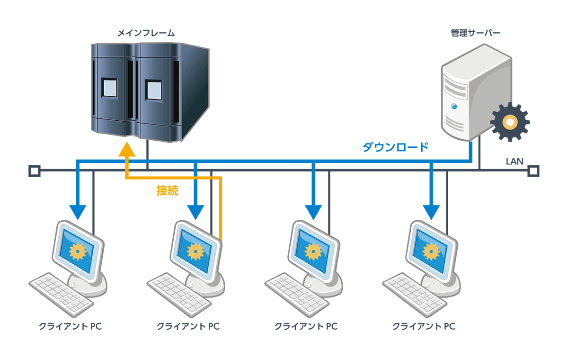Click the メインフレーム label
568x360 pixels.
tap(146, 33)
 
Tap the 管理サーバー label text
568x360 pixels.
tap(476, 33)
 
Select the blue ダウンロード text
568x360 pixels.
tap(395, 147)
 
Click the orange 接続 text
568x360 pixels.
tap(168, 190)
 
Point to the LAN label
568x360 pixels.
tap(515, 162)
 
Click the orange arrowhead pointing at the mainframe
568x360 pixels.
tap(127, 149)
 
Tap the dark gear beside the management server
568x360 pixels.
tap(510, 122)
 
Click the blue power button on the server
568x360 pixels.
tap(454, 106)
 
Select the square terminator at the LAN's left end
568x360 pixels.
tap(35, 171)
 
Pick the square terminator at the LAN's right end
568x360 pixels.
tap(533, 171)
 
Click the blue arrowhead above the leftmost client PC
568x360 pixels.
tap(78, 212)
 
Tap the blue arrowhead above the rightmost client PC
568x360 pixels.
tap(431, 212)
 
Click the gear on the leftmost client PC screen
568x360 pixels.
tap(78, 252)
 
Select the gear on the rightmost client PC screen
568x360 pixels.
tap(431, 252)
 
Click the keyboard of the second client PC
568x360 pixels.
tap(179, 295)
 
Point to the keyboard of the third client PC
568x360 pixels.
tap(297, 295)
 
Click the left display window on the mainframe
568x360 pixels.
tap(109, 88)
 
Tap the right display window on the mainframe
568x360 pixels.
tap(154, 90)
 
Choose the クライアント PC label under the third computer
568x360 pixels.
tap(306, 326)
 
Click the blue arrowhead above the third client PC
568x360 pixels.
tap(313, 212)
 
